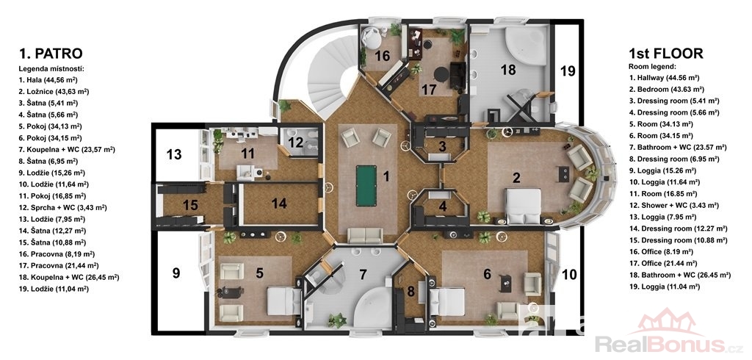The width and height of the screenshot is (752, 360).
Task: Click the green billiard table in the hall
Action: [366, 186]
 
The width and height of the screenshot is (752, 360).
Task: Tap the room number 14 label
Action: [278, 203]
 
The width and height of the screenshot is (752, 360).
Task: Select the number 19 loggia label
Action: [568, 71]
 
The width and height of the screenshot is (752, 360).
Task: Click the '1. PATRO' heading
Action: [51, 53]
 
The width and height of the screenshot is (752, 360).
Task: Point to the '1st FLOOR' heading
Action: [665, 54]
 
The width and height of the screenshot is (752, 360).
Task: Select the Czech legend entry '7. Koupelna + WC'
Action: [67, 150]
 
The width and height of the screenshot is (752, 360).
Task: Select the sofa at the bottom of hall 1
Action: [366, 236]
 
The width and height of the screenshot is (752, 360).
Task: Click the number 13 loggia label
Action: [174, 154]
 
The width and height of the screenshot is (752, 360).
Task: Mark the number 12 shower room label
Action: [296, 142]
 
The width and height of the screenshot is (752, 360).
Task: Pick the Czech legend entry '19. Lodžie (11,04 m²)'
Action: [54, 289]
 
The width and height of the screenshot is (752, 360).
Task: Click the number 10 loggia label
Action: [569, 275]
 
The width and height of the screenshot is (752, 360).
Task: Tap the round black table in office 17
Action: [441, 74]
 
